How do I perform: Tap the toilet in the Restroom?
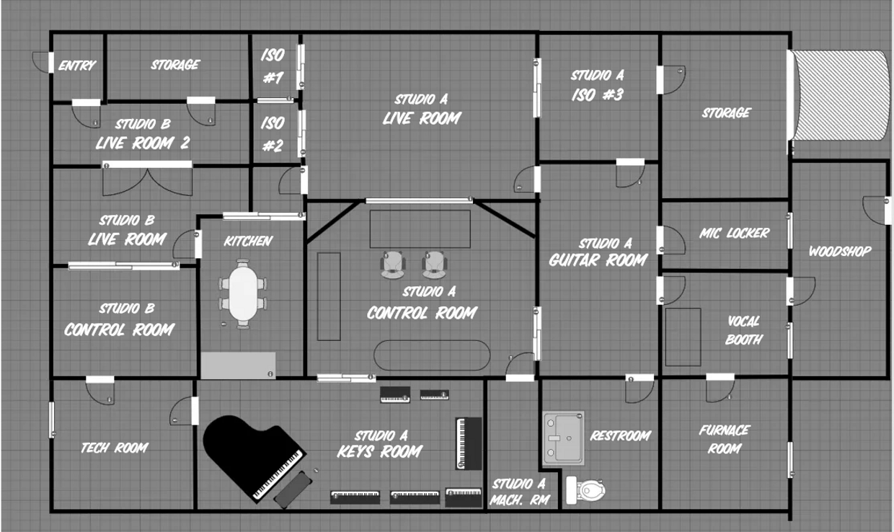[x=586, y=490]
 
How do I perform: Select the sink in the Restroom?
[x=564, y=438]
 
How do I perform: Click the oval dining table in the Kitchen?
[x=243, y=293]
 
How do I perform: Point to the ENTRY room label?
[x=77, y=66]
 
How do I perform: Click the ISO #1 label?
[x=273, y=66]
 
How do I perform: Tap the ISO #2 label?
[x=273, y=134]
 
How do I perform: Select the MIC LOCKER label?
[x=735, y=233]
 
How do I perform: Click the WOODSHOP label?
[x=840, y=251]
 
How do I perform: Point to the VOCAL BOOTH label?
[x=744, y=330]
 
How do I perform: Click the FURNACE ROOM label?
[x=725, y=440]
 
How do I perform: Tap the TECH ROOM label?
[x=115, y=448]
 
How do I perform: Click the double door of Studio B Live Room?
[x=148, y=179]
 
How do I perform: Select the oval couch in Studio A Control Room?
[x=431, y=355]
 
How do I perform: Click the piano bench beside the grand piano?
[x=293, y=489]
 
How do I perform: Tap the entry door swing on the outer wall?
[x=40, y=63]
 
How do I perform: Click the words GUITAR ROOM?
[x=598, y=260]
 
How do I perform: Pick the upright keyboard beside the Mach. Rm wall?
[x=469, y=443]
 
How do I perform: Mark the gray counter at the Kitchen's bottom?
[x=238, y=365]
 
